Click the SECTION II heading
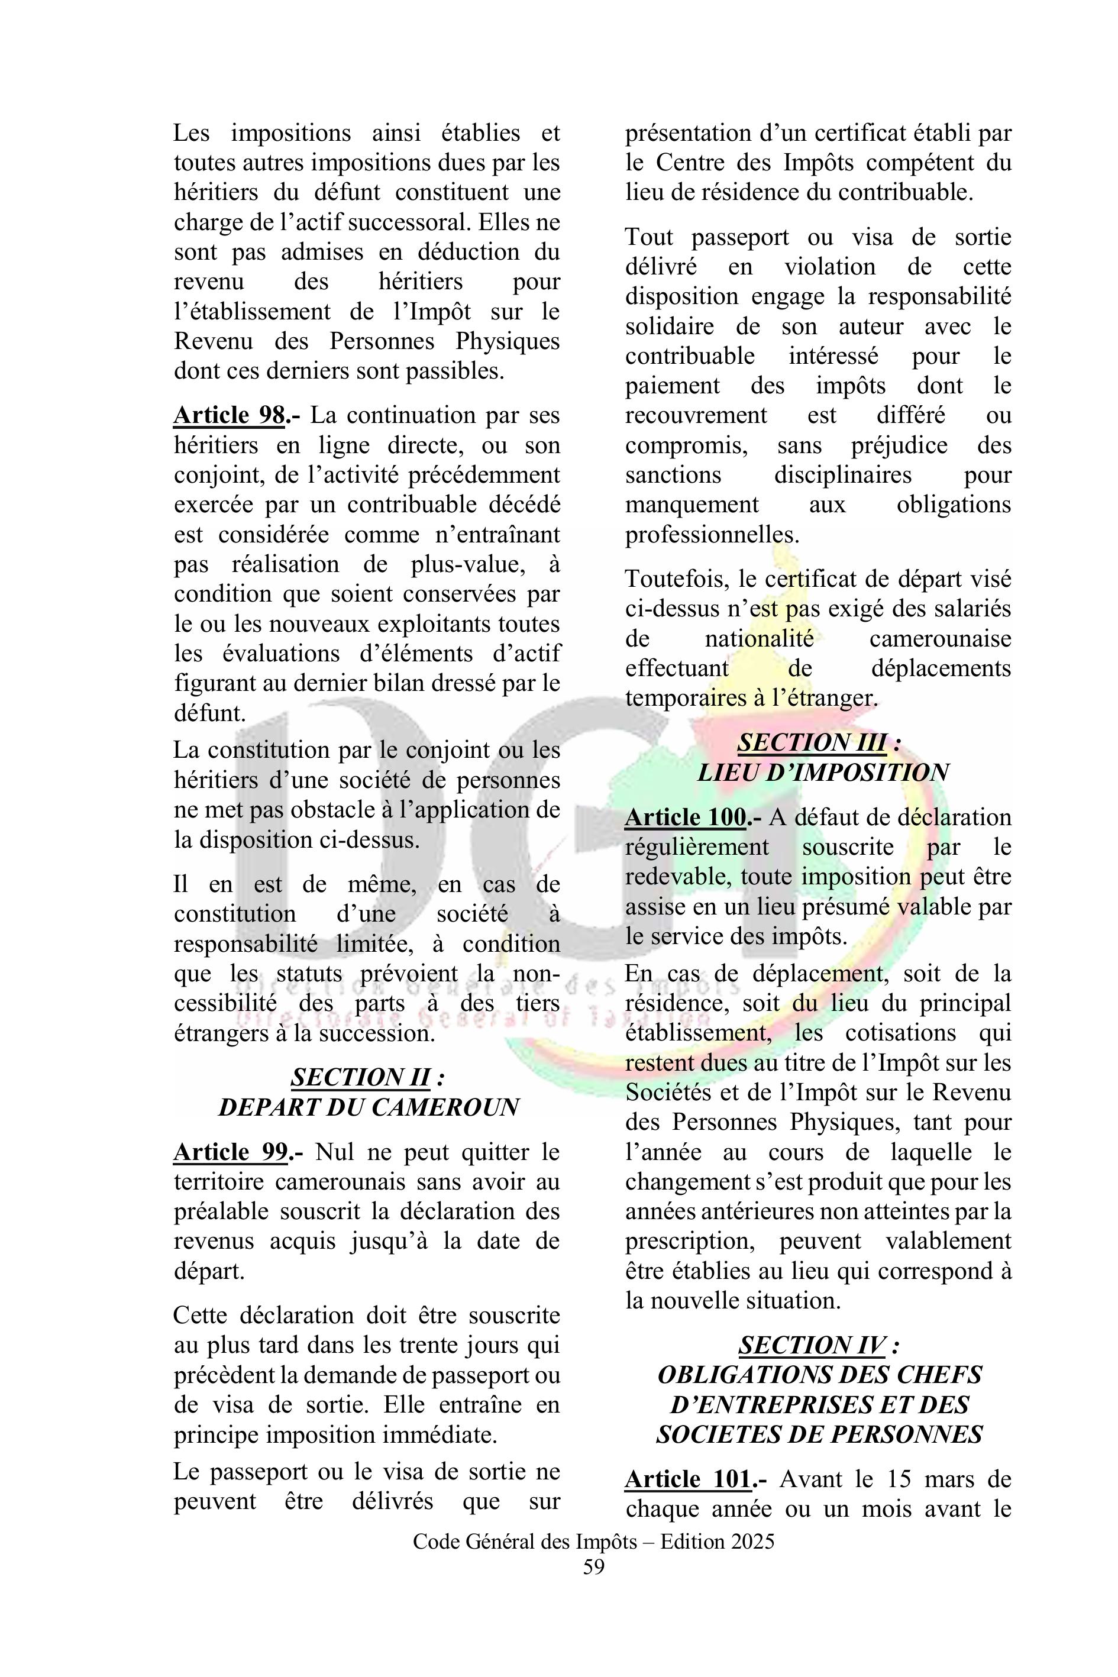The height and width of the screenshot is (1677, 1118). click(360, 1077)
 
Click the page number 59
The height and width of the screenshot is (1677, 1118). click(593, 1567)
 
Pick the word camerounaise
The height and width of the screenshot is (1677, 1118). click(940, 638)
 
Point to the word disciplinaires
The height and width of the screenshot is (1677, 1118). click(843, 475)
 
